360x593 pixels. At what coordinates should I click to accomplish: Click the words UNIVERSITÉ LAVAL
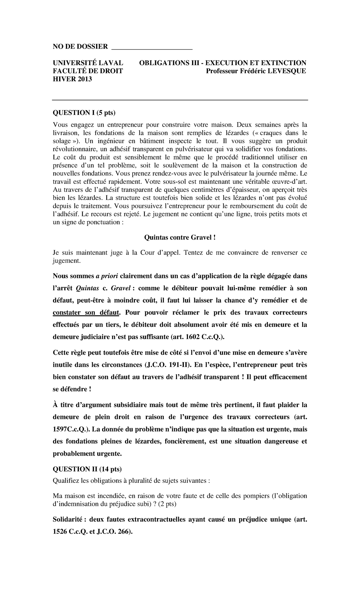[88, 63]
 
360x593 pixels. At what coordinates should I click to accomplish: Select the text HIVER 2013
[72, 79]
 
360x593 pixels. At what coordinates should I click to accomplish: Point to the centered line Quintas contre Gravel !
[180, 238]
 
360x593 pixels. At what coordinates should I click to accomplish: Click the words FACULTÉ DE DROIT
[88, 71]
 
